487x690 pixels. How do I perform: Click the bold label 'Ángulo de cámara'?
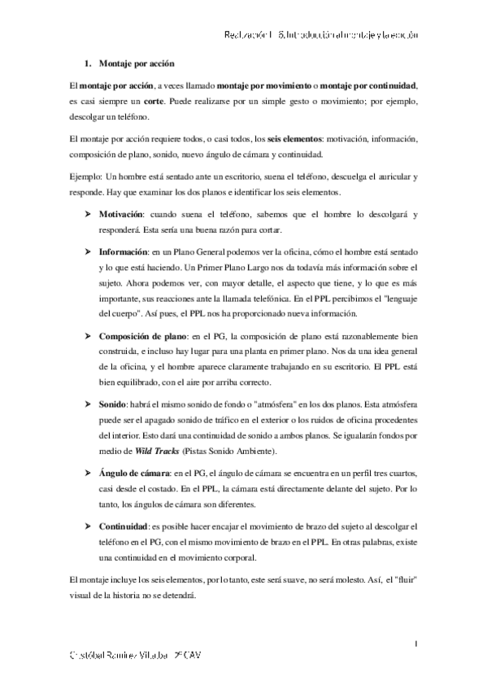coord(134,473)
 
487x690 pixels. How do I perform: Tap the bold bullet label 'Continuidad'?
coord(124,526)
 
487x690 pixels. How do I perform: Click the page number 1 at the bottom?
coord(415,644)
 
